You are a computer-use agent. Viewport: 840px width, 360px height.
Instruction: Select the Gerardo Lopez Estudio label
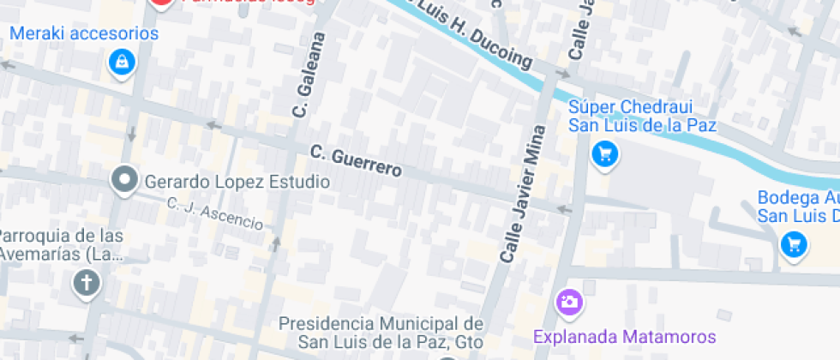237,182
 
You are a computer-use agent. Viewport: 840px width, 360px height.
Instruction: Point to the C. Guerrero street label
356,162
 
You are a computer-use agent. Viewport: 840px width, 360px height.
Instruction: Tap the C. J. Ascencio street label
215,213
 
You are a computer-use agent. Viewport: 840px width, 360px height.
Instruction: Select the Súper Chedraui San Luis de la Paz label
643,117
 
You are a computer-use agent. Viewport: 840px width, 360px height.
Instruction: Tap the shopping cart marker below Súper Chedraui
605,154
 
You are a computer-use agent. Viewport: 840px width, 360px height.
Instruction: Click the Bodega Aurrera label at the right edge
797,207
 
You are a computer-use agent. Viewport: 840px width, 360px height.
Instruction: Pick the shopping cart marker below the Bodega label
794,245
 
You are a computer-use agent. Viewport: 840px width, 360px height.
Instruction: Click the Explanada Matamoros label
624,336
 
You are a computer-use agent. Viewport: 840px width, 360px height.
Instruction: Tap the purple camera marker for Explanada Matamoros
568,302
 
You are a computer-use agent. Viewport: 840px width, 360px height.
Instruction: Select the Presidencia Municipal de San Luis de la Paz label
382,333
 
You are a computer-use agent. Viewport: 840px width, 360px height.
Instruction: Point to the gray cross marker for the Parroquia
87,283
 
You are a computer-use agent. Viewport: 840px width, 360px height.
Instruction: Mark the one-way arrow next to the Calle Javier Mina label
563,208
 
